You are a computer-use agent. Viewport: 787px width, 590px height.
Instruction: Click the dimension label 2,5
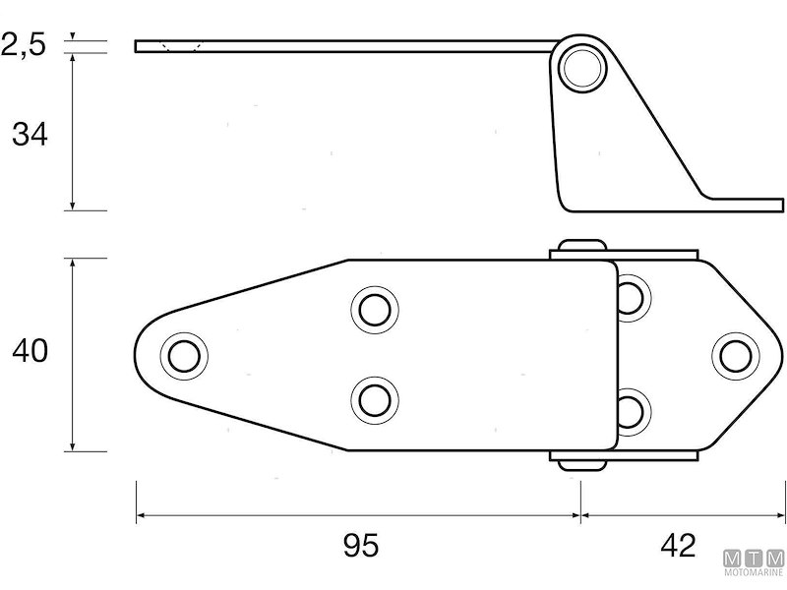click(x=24, y=44)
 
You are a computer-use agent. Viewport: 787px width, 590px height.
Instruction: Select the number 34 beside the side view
click(x=30, y=135)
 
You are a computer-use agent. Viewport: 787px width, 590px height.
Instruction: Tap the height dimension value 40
click(x=30, y=351)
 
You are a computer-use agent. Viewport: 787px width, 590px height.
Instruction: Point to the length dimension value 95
click(x=361, y=545)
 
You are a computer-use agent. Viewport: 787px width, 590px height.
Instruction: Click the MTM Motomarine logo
click(x=754, y=566)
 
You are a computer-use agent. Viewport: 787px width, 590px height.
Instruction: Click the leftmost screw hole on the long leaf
click(x=183, y=354)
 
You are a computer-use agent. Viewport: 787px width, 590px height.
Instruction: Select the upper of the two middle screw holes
click(x=374, y=309)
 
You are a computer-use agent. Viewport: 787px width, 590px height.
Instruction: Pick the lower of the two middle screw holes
click(x=374, y=399)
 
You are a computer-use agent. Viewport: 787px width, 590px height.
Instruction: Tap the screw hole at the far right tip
click(x=733, y=354)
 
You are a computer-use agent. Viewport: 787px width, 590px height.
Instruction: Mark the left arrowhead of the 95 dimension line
click(x=141, y=514)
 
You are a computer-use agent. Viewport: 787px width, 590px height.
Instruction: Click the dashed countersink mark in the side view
click(x=181, y=46)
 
